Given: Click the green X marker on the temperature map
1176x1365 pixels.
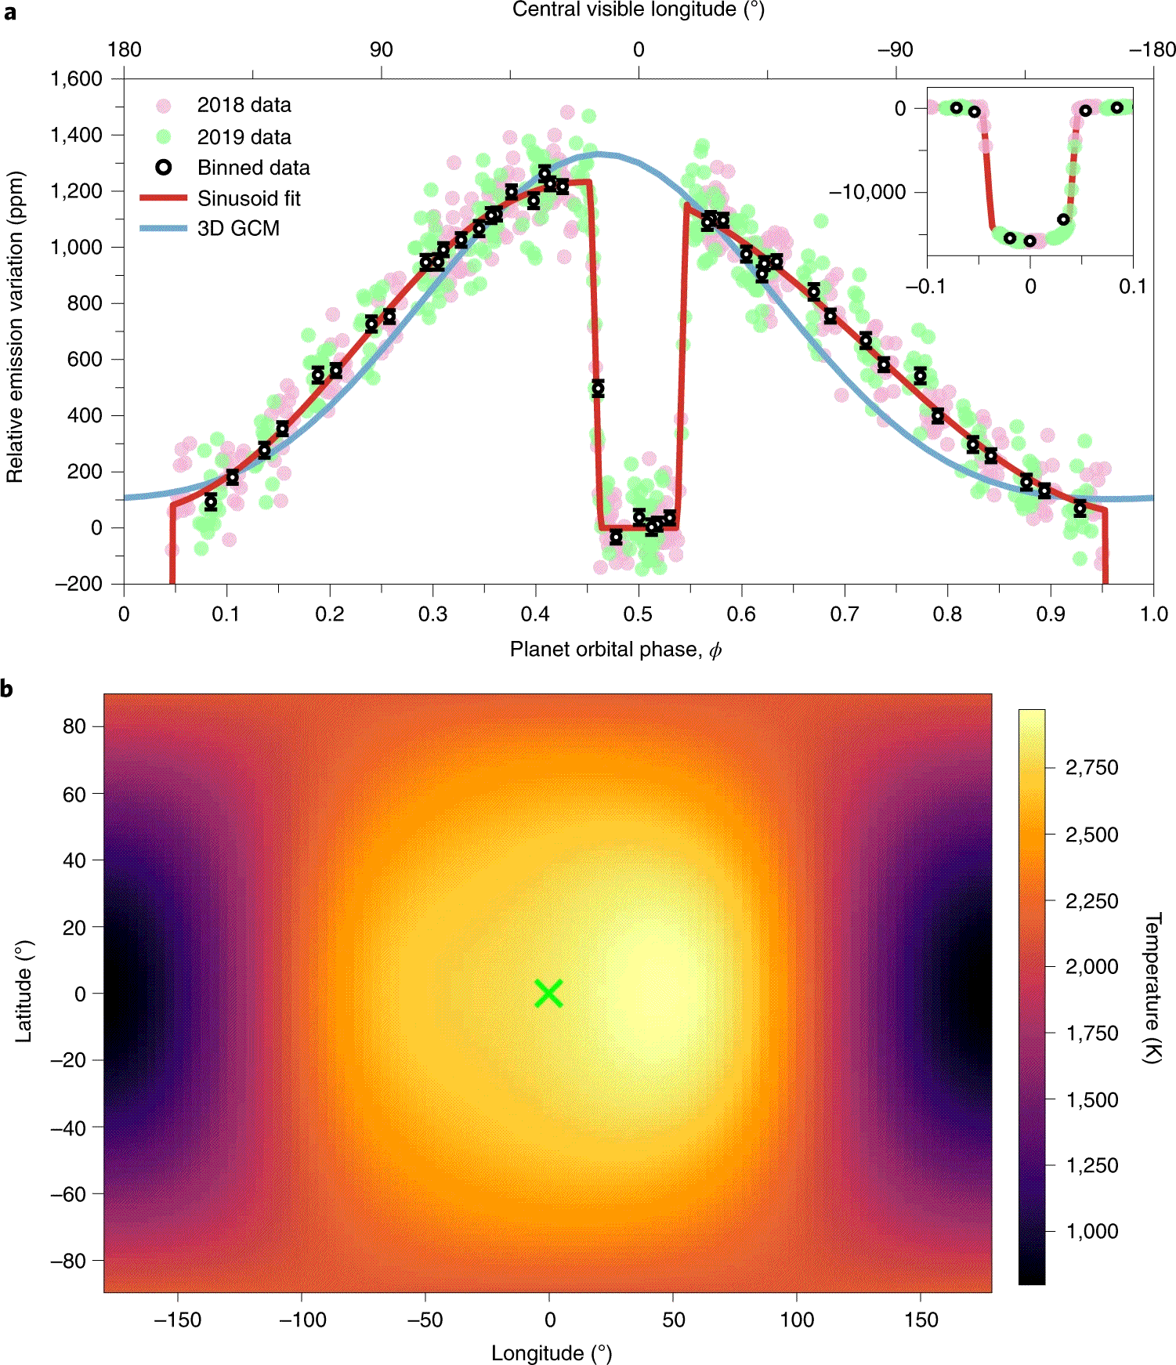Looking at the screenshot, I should [548, 994].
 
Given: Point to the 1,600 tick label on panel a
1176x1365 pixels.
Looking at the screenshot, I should [76, 78].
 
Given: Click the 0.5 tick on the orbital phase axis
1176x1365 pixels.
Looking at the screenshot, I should [638, 614].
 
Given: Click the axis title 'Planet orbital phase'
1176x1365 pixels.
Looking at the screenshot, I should [615, 650].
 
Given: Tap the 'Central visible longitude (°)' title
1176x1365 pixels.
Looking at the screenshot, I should [638, 9].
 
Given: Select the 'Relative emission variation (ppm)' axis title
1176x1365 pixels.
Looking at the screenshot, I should [14, 326].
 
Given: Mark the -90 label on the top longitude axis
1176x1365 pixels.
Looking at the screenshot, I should [895, 50].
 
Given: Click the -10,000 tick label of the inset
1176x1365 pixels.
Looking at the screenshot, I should [867, 192].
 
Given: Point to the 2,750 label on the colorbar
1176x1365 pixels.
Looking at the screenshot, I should [1091, 768].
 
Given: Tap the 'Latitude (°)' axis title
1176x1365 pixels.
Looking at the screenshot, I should [24, 991].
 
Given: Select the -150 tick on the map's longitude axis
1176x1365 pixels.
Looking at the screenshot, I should [178, 1320].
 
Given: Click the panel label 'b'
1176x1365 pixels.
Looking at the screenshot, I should [7, 689].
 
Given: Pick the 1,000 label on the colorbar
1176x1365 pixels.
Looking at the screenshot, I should [1091, 1231].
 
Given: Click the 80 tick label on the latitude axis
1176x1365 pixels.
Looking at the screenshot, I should [74, 726].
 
